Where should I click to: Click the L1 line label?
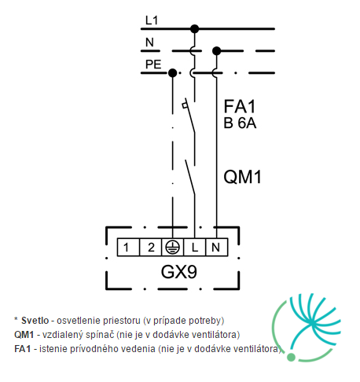[x=152, y=20]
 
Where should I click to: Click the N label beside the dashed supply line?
[x=149, y=42]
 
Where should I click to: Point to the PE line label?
[x=153, y=64]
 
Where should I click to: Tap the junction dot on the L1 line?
[x=194, y=29]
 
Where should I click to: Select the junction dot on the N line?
[x=216, y=51]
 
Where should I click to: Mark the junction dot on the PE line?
[x=172, y=73]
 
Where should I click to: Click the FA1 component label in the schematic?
[x=240, y=106]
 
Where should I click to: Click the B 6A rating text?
[x=240, y=123]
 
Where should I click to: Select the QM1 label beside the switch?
[x=242, y=177]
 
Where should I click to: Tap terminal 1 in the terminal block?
[x=128, y=247]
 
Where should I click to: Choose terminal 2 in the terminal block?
[x=150, y=247]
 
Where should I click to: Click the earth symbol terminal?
[x=173, y=247]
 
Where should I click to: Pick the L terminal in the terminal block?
[x=195, y=247]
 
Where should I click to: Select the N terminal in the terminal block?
[x=217, y=247]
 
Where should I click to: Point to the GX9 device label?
[x=178, y=272]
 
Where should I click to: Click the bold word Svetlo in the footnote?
[x=35, y=321]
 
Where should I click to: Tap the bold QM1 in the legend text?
[x=24, y=335]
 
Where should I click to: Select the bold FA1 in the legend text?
[x=23, y=349]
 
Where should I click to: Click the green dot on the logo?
[x=291, y=357]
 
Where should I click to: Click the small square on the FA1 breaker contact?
[x=185, y=105]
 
